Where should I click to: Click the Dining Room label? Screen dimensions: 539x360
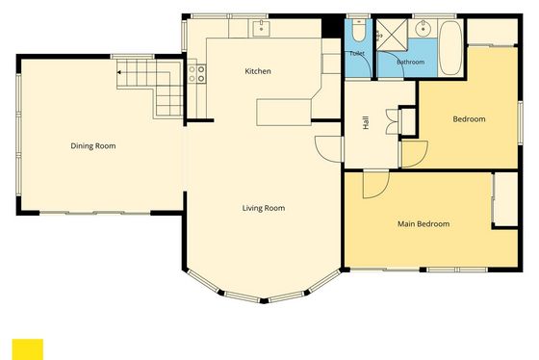tap(93, 145)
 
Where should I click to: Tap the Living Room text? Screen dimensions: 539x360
tap(264, 208)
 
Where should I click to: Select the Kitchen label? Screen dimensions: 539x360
tap(258, 71)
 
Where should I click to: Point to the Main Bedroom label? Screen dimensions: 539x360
tap(423, 224)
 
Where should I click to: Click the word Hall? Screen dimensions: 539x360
tap(366, 122)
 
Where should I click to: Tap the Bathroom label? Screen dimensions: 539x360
tap(410, 62)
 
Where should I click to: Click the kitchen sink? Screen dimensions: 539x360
tap(261, 28)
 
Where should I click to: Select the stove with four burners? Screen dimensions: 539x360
tap(196, 74)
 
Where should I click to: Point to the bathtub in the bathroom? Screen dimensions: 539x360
tap(450, 48)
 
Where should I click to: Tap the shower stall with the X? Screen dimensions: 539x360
tap(393, 35)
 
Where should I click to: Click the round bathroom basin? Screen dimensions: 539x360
tap(423, 29)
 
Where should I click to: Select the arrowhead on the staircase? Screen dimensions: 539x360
tap(119, 72)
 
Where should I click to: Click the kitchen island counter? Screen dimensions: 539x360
tap(284, 112)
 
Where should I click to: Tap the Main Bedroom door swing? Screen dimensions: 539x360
tap(376, 185)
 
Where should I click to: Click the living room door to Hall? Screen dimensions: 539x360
tap(328, 149)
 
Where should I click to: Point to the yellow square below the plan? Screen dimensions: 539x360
tap(28, 349)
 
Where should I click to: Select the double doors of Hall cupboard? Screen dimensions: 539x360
tap(393, 121)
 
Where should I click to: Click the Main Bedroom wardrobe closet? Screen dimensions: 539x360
tap(505, 198)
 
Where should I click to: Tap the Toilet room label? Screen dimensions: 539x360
tap(357, 53)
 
